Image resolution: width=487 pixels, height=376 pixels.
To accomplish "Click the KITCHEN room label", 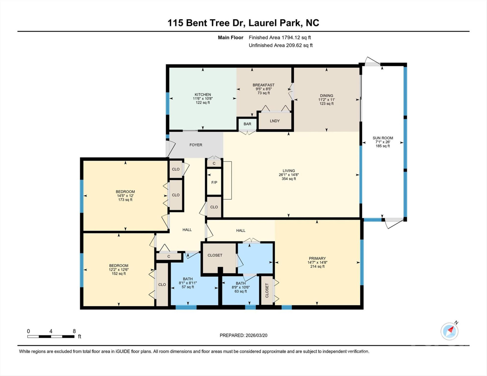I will point(203,95).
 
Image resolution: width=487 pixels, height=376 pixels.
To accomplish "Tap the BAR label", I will point(247,124).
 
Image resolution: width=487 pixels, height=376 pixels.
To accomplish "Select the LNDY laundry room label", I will point(275,121).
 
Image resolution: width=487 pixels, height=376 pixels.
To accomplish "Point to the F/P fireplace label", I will point(214,183).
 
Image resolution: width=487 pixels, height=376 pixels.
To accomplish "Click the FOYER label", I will point(196,145).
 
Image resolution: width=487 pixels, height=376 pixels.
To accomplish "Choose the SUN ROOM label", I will point(382,138).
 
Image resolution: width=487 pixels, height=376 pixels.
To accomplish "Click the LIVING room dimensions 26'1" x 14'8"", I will point(288,175).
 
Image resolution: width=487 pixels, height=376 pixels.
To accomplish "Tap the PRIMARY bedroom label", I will point(317,258).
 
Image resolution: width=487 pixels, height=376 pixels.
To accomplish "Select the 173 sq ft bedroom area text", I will point(125,200).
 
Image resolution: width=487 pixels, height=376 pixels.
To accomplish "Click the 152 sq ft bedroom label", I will point(119,274).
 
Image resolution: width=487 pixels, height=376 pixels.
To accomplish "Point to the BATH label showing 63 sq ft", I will point(241,283).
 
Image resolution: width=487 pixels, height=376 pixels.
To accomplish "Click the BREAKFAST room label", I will point(263,85).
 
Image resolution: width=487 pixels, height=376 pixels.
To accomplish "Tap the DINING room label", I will point(326,96).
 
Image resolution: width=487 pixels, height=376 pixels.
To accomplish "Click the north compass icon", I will point(449,331).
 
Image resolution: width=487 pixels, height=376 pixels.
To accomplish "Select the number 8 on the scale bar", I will point(74,331).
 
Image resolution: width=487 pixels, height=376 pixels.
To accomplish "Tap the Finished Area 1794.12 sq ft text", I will point(280,38).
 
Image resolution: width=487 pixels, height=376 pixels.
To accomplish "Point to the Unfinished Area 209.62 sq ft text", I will point(280,45).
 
